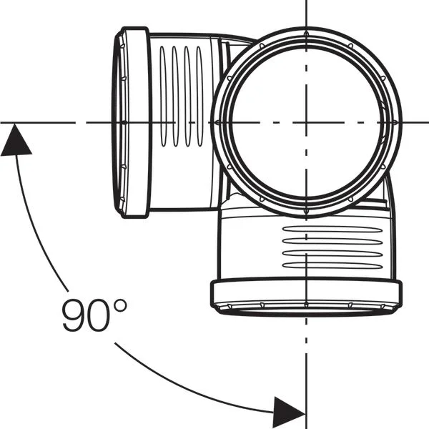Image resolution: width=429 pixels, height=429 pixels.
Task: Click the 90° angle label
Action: pyautogui.click(x=94, y=315)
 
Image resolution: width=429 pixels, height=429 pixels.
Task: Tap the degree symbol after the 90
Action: pyautogui.click(x=120, y=305)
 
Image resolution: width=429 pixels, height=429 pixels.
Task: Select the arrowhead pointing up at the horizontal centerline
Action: pyautogui.click(x=16, y=140)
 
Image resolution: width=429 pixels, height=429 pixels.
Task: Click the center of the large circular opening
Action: pyautogui.click(x=307, y=122)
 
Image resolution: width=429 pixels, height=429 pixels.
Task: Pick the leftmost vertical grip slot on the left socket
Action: pyautogui.click(x=163, y=97)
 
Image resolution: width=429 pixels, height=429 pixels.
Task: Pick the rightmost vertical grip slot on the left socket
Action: pyautogui.click(x=199, y=97)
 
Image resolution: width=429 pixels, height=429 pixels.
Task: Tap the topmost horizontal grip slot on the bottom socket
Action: pyautogui.click(x=332, y=230)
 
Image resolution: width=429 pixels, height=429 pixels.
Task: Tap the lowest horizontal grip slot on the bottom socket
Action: pyautogui.click(x=332, y=265)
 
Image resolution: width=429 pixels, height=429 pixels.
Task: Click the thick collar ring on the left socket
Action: pyautogui.click(x=137, y=122)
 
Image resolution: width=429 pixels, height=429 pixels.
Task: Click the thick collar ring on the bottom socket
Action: pyautogui.click(x=307, y=292)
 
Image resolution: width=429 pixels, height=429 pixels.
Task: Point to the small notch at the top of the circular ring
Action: pyautogui.click(x=307, y=34)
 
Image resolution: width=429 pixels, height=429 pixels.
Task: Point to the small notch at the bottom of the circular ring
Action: pyautogui.click(x=307, y=211)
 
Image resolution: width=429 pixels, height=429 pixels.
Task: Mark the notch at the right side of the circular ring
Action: pyautogui.click(x=395, y=122)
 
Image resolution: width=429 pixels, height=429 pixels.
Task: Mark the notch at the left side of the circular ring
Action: pyautogui.click(x=218, y=122)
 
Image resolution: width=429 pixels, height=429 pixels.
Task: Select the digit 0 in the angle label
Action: pyautogui.click(x=99, y=315)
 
